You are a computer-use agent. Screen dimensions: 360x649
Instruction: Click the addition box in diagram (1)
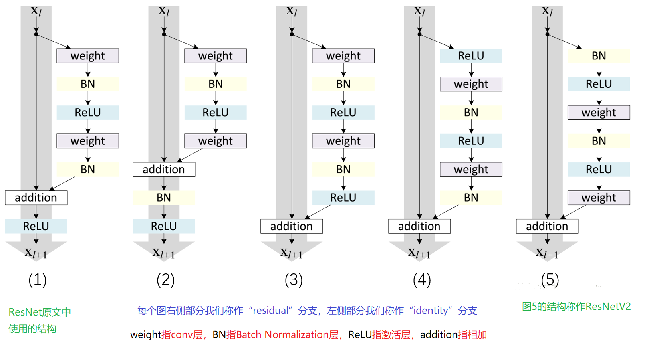(x=36, y=198)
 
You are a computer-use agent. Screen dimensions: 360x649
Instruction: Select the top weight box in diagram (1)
(x=87, y=56)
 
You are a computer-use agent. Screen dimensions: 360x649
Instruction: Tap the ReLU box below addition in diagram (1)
(x=36, y=226)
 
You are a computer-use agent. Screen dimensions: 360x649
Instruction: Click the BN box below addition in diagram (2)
(x=164, y=198)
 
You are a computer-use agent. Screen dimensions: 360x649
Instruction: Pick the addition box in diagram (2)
(x=164, y=169)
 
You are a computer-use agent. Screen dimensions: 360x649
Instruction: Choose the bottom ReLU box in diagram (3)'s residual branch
(x=343, y=198)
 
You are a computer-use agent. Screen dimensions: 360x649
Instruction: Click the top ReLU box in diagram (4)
(x=471, y=56)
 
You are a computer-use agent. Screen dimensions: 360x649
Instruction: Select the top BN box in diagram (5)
(x=599, y=56)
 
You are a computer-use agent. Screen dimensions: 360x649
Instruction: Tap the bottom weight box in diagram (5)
(x=599, y=198)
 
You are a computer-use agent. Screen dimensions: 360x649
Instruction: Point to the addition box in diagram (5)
(x=547, y=226)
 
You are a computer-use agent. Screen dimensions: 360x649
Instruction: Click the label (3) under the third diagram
(x=294, y=280)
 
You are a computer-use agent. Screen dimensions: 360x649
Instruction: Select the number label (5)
(x=550, y=280)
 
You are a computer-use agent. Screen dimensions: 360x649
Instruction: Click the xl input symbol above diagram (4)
(x=419, y=11)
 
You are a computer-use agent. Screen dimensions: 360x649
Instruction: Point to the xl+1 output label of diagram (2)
(x=163, y=253)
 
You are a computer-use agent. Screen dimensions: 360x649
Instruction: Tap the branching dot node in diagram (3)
(x=292, y=34)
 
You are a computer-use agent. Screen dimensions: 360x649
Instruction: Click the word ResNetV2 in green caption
(x=608, y=307)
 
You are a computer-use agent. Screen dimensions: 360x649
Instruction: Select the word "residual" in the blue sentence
(x=271, y=311)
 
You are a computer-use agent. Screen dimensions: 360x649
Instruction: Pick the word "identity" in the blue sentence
(x=431, y=311)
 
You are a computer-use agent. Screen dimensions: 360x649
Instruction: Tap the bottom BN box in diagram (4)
(x=471, y=198)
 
